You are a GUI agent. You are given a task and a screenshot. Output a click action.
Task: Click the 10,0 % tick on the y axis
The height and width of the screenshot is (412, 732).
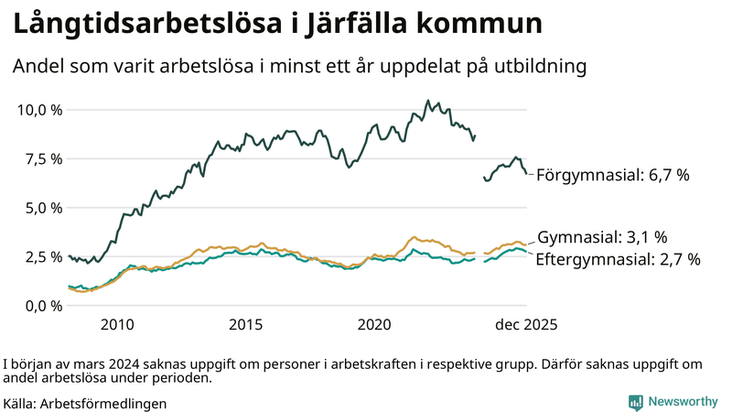click(39, 110)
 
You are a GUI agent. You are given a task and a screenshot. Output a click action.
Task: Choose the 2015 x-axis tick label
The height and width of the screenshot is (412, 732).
click(246, 325)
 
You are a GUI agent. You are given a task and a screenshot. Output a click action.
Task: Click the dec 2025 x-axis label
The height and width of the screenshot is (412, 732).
click(525, 325)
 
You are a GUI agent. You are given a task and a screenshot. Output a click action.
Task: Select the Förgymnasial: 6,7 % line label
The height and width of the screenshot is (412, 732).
click(611, 175)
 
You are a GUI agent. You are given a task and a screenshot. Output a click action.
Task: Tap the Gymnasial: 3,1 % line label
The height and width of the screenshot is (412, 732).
click(602, 237)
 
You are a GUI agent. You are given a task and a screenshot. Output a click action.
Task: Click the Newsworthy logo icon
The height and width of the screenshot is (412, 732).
click(635, 401)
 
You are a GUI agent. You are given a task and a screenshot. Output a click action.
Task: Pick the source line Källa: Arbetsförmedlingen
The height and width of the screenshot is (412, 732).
click(85, 403)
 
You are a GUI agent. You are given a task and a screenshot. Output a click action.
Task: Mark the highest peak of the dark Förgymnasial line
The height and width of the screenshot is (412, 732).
click(428, 101)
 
